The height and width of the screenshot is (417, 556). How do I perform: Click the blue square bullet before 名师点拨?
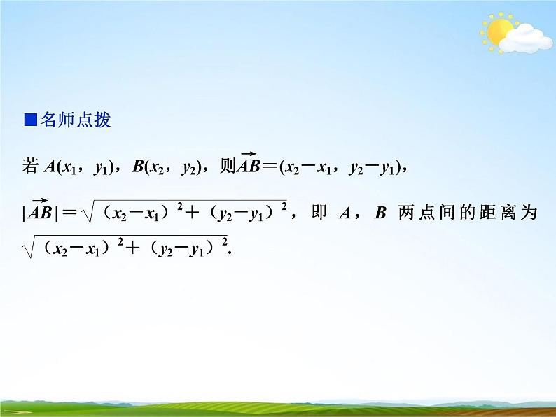tap(29, 120)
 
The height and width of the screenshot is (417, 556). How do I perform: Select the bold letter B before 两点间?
tap(380, 213)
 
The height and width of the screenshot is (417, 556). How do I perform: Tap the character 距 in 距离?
tap(483, 213)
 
